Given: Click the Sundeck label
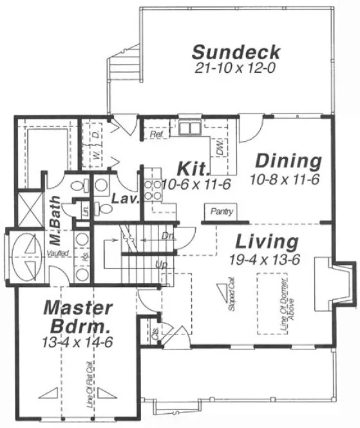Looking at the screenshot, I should point(236,52).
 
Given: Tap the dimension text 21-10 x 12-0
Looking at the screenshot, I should point(236,67).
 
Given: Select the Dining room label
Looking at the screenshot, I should point(288,160).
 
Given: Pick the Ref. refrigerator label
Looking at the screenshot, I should point(155,135).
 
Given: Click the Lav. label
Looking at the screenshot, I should point(126,199).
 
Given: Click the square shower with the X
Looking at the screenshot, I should point(30,209).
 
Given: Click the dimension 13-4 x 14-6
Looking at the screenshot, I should point(79,342).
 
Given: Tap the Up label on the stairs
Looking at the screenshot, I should point(160,264).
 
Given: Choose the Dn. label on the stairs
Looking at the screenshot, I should point(168,235).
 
